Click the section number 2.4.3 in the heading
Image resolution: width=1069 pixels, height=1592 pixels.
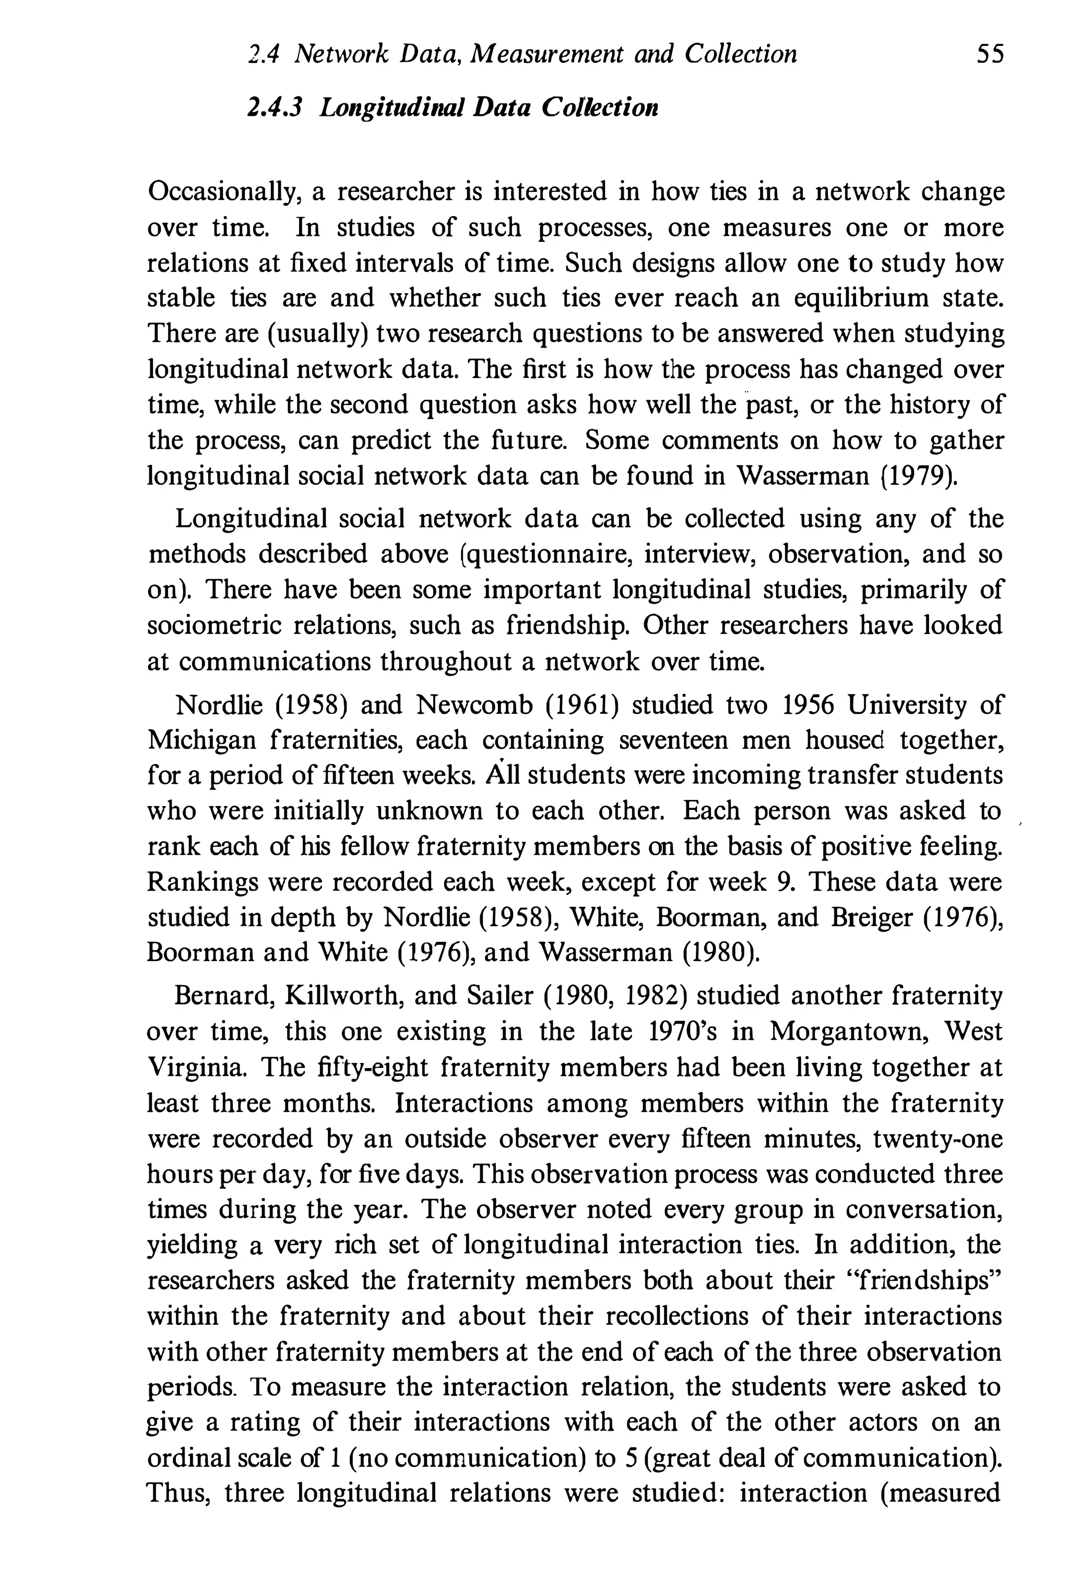pyautogui.click(x=275, y=107)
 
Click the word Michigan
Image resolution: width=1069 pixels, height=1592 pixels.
pyautogui.click(x=202, y=740)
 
